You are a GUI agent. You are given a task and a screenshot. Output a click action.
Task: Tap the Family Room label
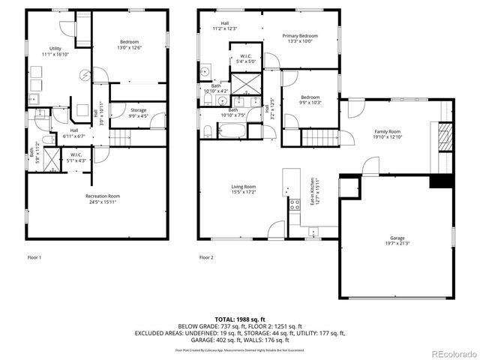point(388,131)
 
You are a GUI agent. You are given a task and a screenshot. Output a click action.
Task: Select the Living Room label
point(244,187)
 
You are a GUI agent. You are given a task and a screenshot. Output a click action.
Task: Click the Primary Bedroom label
point(300,36)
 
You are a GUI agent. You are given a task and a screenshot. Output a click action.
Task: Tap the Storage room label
point(138,110)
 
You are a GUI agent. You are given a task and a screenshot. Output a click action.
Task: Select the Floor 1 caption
point(34,257)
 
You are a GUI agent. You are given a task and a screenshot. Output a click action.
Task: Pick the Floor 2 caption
point(206,257)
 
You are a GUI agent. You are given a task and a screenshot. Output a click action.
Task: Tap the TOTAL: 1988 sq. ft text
point(240,319)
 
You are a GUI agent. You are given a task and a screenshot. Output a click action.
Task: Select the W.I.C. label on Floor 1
point(76,155)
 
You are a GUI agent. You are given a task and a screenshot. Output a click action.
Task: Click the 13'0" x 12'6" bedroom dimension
point(130,47)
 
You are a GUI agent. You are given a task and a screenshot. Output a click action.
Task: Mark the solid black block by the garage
point(439,182)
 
